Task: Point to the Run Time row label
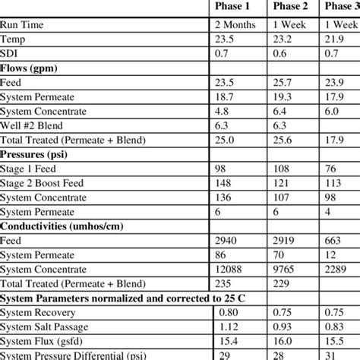23,46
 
